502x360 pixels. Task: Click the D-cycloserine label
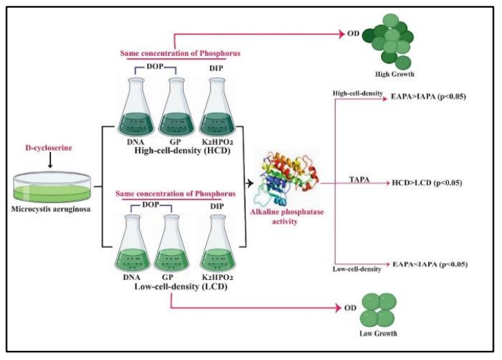coord(48,148)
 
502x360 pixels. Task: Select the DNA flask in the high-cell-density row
coord(135,106)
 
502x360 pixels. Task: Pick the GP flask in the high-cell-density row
coord(176,106)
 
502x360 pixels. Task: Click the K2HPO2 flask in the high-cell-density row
coord(217,106)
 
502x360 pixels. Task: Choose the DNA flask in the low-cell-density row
coord(132,243)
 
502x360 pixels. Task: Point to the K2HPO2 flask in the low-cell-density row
coord(218,243)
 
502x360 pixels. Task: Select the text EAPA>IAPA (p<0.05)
coord(428,97)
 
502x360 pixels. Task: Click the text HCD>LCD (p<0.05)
coord(427,183)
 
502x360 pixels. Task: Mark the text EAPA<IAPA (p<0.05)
coord(430,264)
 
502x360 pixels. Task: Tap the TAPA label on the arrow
coord(359,180)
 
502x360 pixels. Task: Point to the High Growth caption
coord(394,74)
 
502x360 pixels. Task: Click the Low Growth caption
coord(378,334)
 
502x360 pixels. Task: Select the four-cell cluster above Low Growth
coord(378,310)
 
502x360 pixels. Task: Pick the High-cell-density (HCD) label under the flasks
coord(182,151)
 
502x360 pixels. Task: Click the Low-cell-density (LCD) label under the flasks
coord(181,286)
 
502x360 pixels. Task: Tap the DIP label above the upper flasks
coord(216,68)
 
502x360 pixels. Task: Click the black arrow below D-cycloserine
coord(50,160)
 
